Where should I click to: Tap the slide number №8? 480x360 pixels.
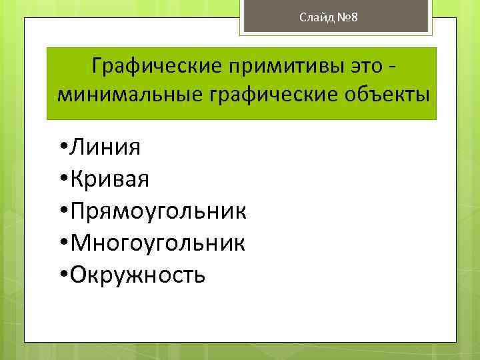(346, 17)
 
